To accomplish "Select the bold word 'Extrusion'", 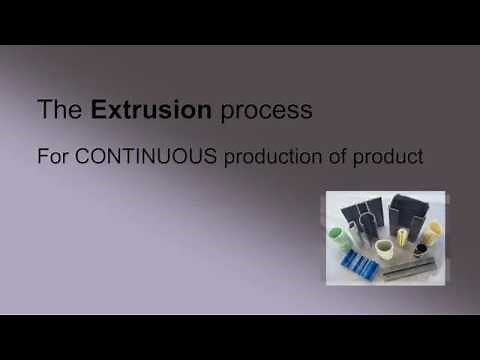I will [151, 110].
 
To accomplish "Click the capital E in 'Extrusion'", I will [98, 110].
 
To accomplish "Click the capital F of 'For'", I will [42, 158].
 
